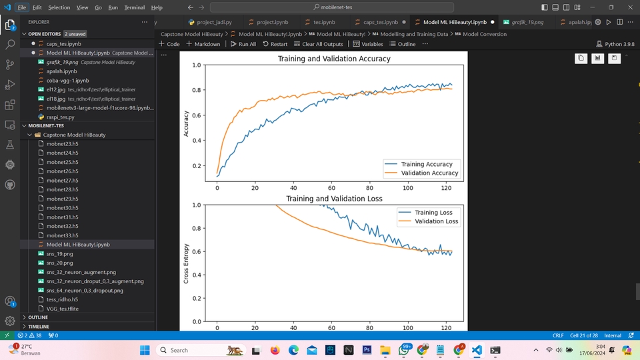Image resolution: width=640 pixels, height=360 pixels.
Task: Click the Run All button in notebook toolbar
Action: pyautogui.click(x=243, y=44)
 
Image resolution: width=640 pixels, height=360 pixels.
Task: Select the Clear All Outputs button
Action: pyautogui.click(x=318, y=44)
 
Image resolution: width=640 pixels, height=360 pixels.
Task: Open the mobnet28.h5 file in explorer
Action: pyautogui.click(x=62, y=189)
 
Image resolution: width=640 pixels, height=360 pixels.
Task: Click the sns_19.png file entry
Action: pyautogui.click(x=59, y=254)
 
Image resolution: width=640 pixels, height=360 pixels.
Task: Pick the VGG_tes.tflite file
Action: pyautogui.click(x=62, y=309)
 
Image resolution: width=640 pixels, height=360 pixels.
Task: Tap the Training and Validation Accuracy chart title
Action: pyautogui.click(x=334, y=59)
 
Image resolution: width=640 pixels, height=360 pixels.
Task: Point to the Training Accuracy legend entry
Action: pyautogui.click(x=426, y=164)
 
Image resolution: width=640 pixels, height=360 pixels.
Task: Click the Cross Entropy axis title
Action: pyautogui.click(x=186, y=263)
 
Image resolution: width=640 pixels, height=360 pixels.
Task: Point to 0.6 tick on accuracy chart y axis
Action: pyautogui.click(x=196, y=115)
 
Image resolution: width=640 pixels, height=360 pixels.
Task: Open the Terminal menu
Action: pyautogui.click(x=135, y=7)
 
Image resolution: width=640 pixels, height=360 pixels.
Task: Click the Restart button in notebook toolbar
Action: pyautogui.click(x=275, y=44)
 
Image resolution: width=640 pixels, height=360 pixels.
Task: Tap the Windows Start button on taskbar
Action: pyautogui.click(x=145, y=350)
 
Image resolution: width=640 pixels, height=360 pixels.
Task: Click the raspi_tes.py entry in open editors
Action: pyautogui.click(x=60, y=117)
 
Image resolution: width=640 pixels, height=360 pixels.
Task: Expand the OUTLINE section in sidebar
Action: pyautogui.click(x=38, y=317)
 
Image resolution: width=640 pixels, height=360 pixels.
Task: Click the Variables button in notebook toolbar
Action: pyautogui.click(x=368, y=44)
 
